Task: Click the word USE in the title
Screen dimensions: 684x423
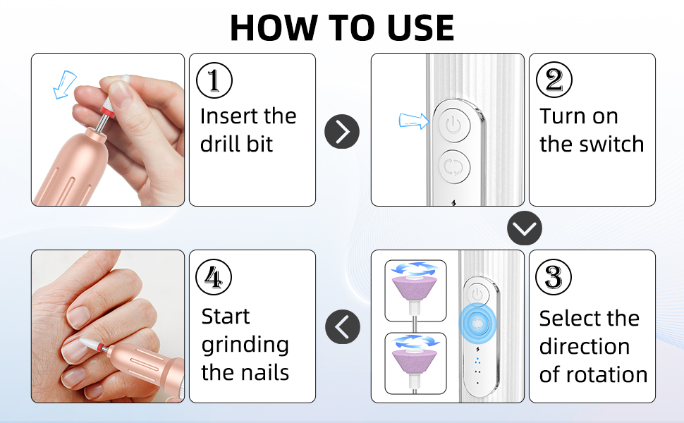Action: pyautogui.click(x=420, y=27)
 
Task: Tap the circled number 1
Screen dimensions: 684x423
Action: pyautogui.click(x=214, y=80)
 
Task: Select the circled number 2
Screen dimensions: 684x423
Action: pyautogui.click(x=554, y=80)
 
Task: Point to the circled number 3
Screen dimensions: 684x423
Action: pyautogui.click(x=553, y=277)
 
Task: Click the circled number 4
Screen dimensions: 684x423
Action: pyautogui.click(x=214, y=277)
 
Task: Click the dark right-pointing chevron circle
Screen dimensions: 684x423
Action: pyautogui.click(x=342, y=131)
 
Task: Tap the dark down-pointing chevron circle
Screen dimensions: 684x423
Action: pyautogui.click(x=525, y=228)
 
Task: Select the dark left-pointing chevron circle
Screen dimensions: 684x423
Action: pyautogui.click(x=343, y=326)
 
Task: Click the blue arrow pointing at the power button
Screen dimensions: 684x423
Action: pyautogui.click(x=414, y=121)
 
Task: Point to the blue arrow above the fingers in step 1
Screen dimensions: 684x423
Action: pyautogui.click(x=64, y=84)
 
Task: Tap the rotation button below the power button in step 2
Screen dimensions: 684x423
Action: pyautogui.click(x=453, y=166)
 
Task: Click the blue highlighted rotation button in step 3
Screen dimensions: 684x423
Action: pyautogui.click(x=477, y=323)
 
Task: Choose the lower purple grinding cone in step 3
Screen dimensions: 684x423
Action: pyautogui.click(x=415, y=361)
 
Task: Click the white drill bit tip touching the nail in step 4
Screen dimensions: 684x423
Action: pyautogui.click(x=90, y=343)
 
